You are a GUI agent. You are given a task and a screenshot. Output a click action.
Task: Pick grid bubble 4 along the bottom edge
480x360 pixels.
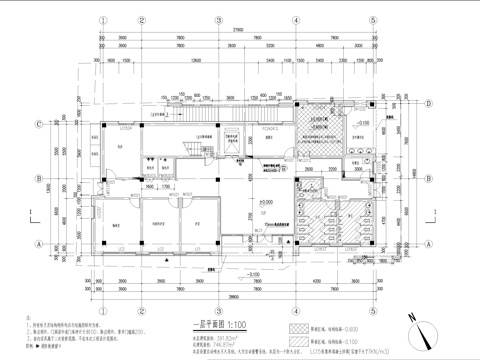tap(297, 288)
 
